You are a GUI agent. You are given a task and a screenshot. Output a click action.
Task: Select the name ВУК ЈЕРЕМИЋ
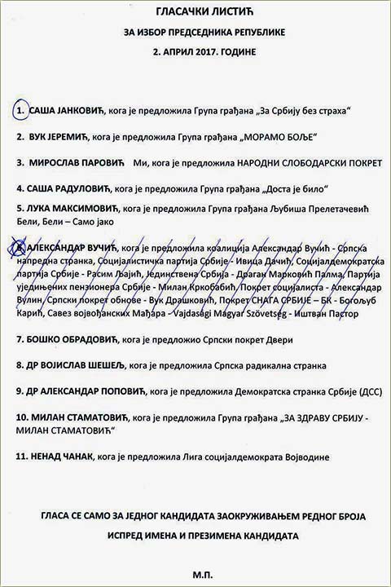(x=59, y=136)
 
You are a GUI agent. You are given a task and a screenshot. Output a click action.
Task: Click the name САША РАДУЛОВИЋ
(x=72, y=188)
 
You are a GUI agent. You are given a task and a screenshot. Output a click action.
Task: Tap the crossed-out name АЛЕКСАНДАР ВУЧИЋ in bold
(x=74, y=245)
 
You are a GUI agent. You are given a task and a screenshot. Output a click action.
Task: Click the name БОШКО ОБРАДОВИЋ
(x=75, y=339)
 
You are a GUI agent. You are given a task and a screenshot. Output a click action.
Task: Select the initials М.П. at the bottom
(x=196, y=574)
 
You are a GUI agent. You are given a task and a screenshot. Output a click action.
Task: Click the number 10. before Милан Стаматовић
(x=23, y=417)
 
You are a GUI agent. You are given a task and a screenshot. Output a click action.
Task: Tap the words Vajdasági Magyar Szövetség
(x=247, y=314)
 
